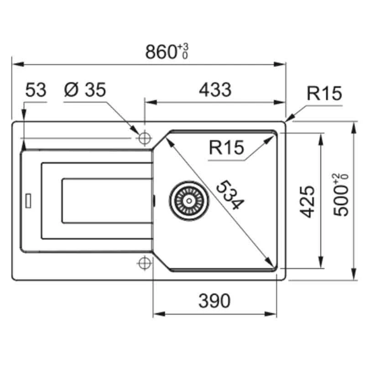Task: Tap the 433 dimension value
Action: coord(215,90)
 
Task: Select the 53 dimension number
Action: coord(36,90)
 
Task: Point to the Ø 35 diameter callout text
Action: coord(85,90)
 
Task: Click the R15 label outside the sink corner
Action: coord(324,94)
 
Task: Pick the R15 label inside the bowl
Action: coord(226,147)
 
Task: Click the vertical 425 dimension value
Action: coord(307,202)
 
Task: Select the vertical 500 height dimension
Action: coord(341,195)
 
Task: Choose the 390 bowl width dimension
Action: coord(214,301)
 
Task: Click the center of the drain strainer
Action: coord(189,200)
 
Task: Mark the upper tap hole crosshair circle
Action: coord(145,138)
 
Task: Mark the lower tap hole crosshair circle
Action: coord(145,263)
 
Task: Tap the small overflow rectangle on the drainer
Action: coord(28,200)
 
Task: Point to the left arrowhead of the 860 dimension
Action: coord(18,64)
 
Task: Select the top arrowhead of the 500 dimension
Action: coord(354,128)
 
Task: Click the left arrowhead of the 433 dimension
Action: coord(151,102)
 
